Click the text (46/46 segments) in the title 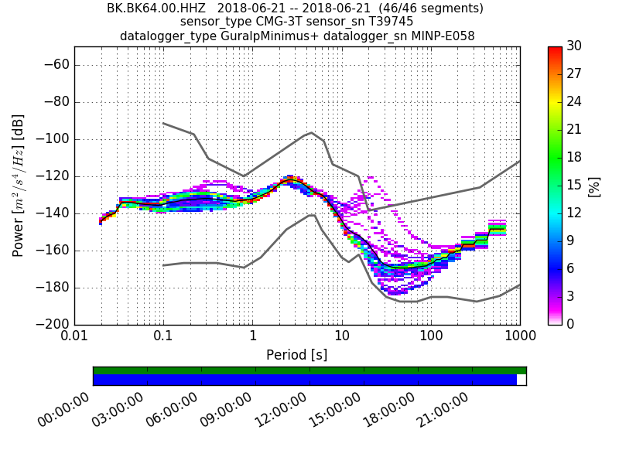click(x=421, y=9)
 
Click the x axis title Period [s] click(x=297, y=355)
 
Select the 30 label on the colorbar click(x=573, y=46)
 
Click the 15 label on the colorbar click(x=573, y=186)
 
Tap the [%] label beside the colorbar click(x=594, y=186)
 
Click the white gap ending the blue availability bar click(x=522, y=380)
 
